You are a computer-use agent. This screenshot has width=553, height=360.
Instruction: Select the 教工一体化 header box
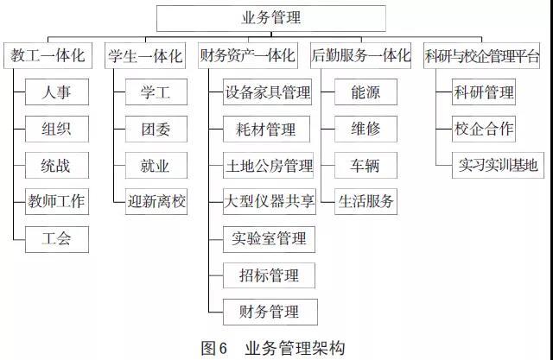coord(48,56)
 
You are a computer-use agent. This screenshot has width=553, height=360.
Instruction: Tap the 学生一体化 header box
coord(145,56)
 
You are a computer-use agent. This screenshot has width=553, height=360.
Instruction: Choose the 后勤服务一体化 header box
coord(360,56)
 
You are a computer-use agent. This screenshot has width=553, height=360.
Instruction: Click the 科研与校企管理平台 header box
coord(482,56)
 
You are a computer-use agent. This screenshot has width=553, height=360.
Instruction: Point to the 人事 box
coord(56,92)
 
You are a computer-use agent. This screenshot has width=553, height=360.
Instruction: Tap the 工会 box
coord(56,238)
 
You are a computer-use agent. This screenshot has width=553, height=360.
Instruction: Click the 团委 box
coord(155,129)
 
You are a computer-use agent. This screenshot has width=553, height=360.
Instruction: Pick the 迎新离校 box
coord(155,201)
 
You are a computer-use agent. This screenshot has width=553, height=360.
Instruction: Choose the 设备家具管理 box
coord(267,92)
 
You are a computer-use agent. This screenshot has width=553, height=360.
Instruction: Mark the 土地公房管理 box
coord(269,166)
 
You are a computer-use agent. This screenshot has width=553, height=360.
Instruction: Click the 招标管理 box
coord(268,275)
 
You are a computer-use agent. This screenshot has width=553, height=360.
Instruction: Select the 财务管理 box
coord(268,311)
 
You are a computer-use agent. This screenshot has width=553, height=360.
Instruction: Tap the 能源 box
coord(365,92)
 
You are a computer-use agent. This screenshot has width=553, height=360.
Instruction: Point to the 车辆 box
coord(365,166)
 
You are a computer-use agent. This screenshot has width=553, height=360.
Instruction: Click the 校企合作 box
coord(484,129)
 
